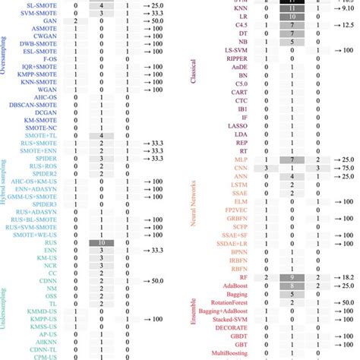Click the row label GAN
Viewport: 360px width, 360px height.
pos(52,23)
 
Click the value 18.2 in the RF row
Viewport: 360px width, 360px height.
pos(346,278)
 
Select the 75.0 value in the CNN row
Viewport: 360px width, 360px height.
pos(346,168)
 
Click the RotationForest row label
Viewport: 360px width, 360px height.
pos(222,302)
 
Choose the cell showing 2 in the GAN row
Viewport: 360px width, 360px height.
pos(75,23)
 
